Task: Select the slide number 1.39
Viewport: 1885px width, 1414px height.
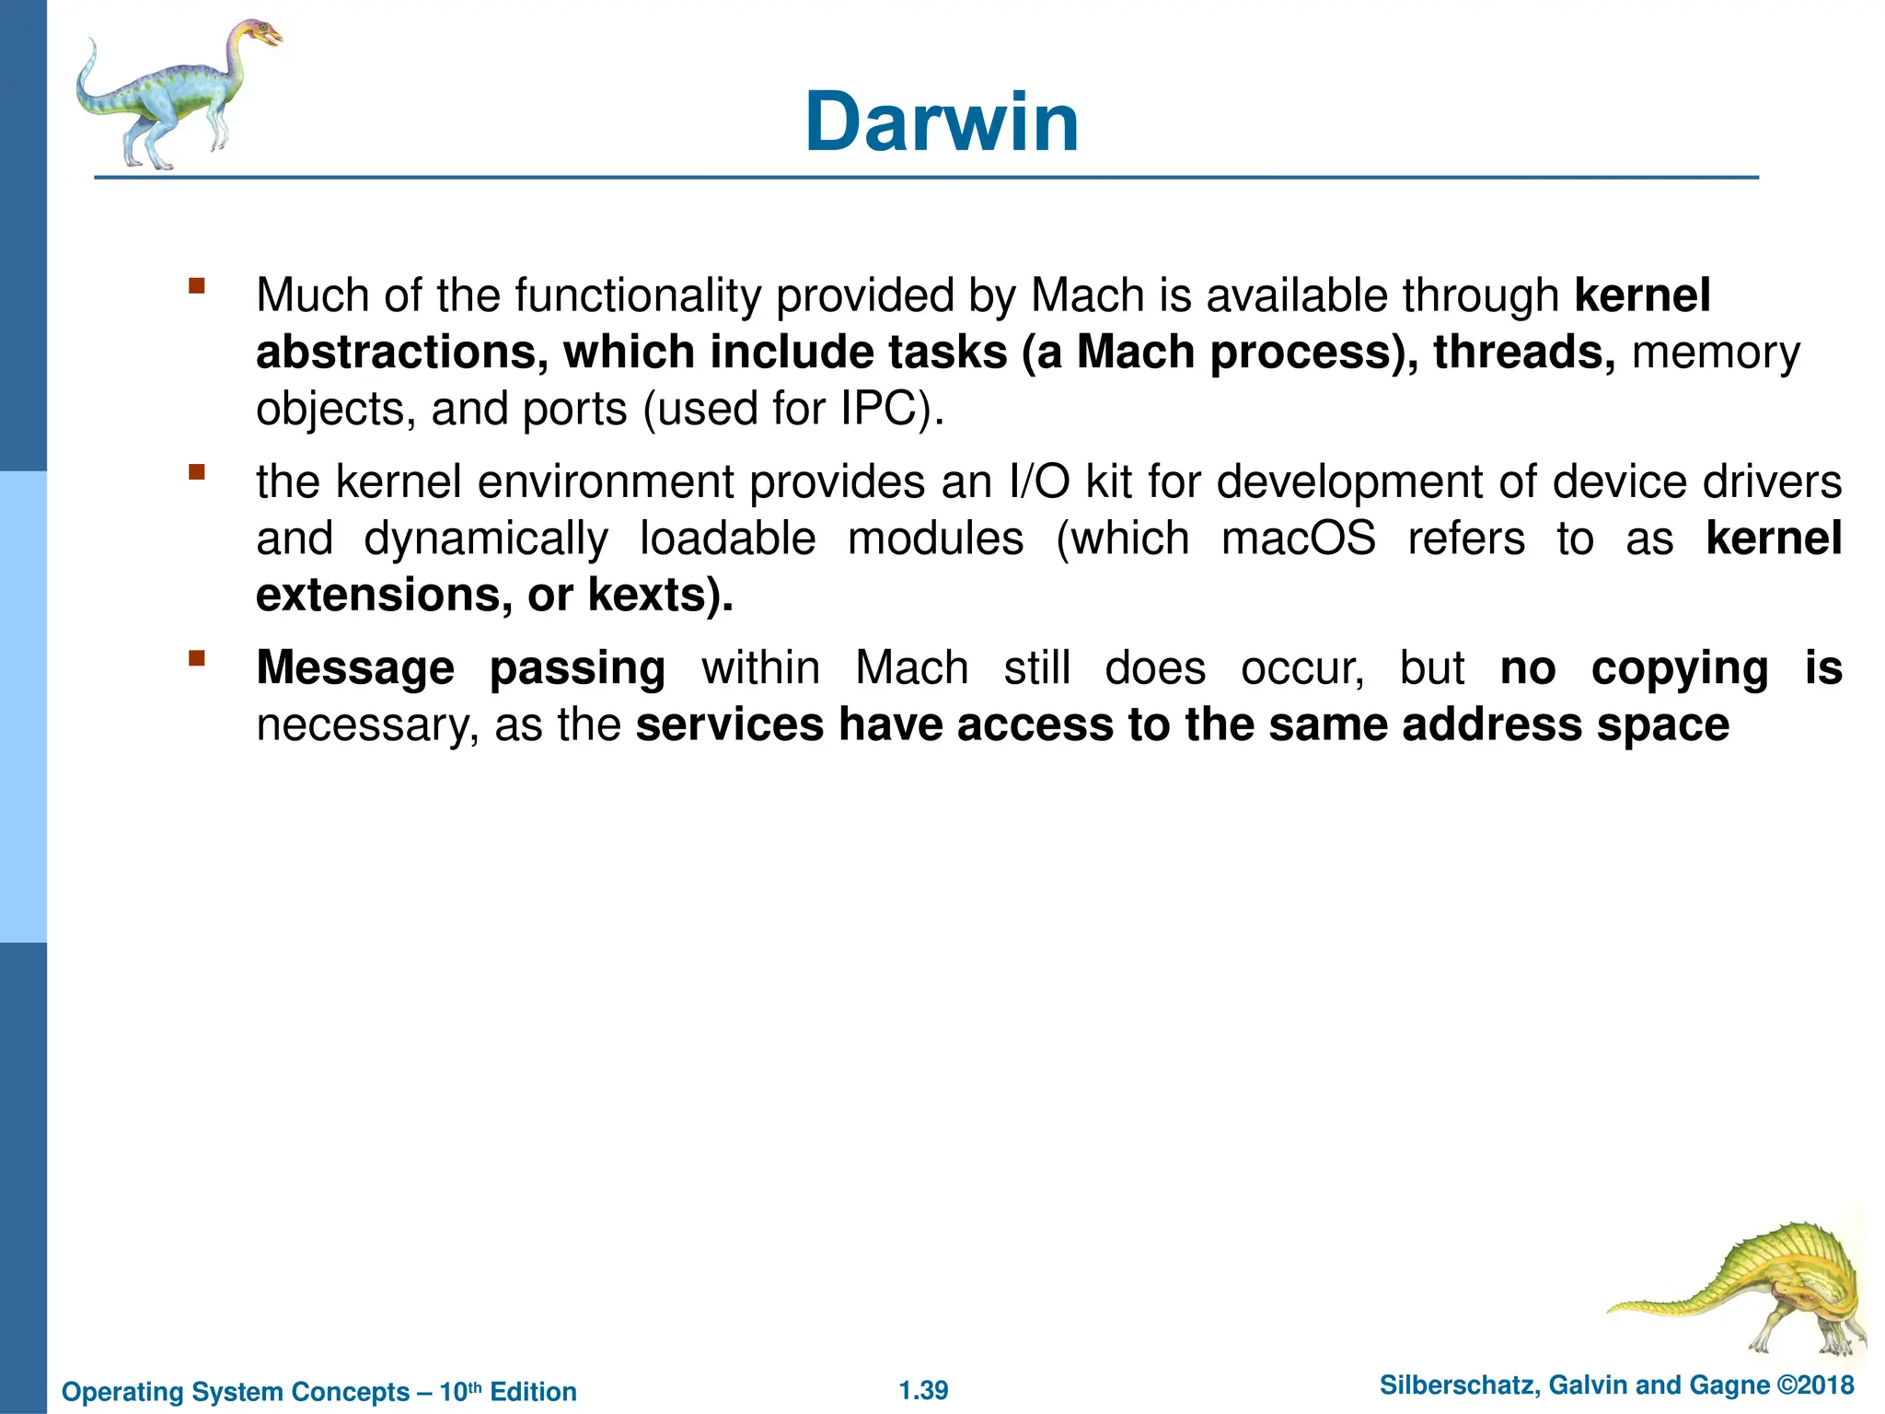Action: pos(923,1390)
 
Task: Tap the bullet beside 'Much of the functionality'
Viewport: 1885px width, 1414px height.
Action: pos(196,285)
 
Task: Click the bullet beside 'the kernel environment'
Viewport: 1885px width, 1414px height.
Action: pos(196,473)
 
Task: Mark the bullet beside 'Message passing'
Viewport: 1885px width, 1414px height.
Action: pos(196,658)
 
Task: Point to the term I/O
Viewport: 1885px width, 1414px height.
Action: pos(1039,482)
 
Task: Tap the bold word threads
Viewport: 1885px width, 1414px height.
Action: pos(1522,353)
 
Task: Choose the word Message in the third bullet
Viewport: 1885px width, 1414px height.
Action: pos(355,668)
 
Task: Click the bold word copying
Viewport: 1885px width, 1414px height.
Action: pos(1679,669)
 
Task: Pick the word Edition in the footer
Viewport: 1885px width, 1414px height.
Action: pos(533,1392)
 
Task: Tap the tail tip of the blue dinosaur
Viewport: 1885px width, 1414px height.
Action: pos(91,42)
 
